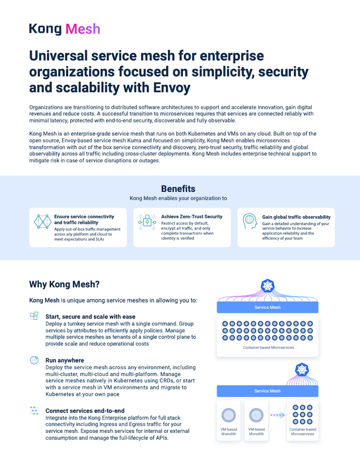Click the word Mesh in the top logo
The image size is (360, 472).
point(83,29)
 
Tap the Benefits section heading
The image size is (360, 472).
point(178,189)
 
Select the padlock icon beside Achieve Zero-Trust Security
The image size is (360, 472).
point(147,221)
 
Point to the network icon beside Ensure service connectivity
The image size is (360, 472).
point(43,221)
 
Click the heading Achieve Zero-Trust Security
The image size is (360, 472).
point(192,217)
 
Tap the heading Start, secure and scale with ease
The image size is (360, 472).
point(90,317)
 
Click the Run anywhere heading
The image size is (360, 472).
point(64,360)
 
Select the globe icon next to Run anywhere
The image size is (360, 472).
point(34,360)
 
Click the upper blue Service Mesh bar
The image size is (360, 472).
point(268,307)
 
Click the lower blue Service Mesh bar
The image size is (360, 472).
point(268,391)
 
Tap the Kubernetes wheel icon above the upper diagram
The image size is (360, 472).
point(268,286)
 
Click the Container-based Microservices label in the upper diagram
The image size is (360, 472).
point(268,348)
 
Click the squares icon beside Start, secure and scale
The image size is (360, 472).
point(34,316)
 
